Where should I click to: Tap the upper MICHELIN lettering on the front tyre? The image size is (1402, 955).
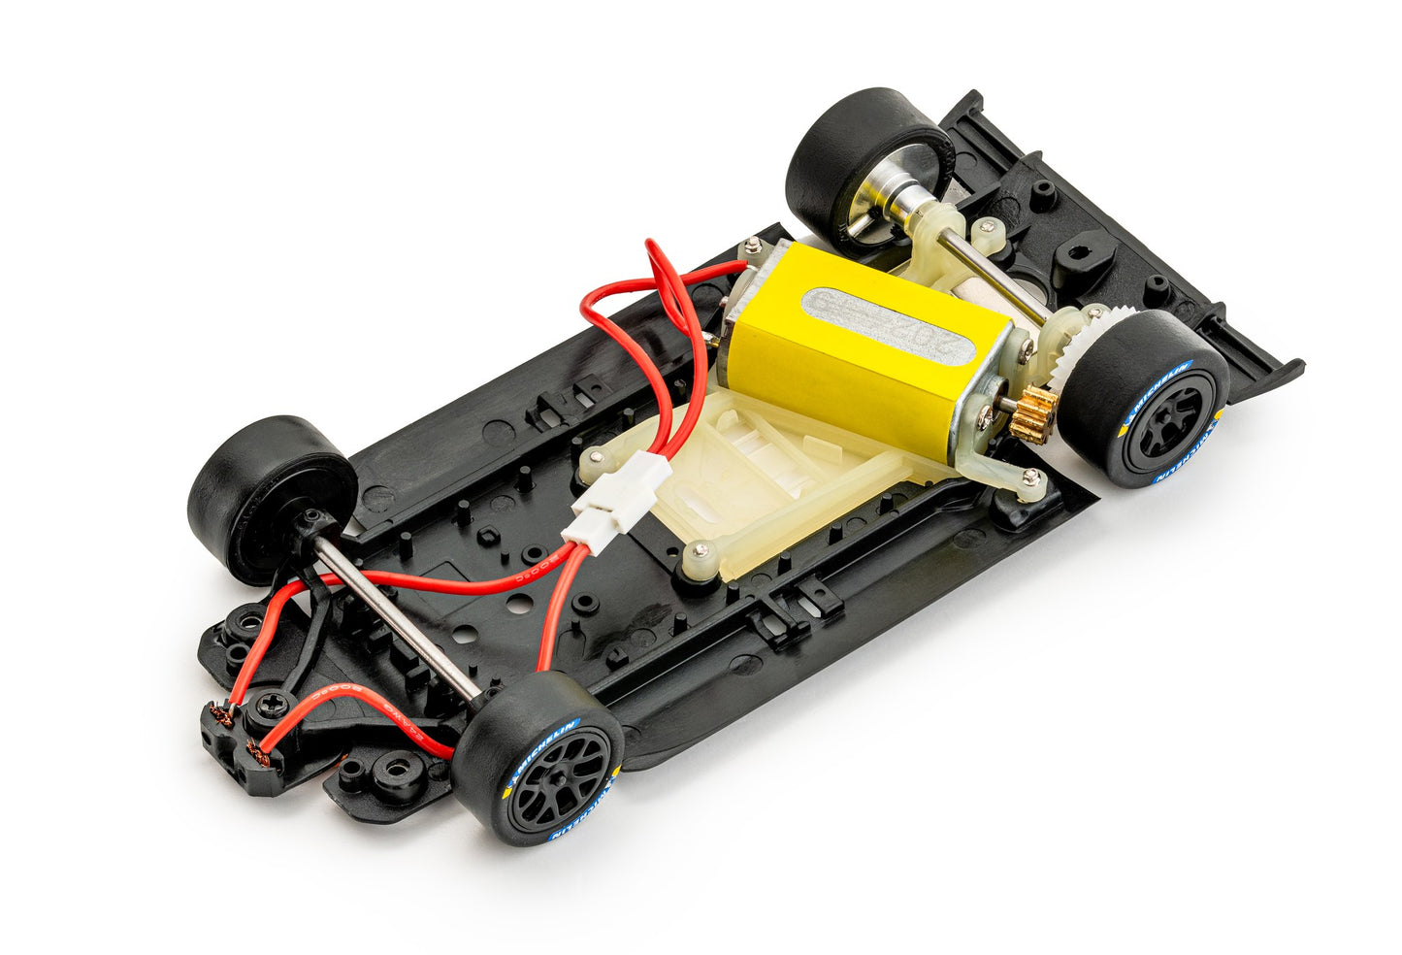542,742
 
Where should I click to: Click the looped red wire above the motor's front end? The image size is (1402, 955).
660,281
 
